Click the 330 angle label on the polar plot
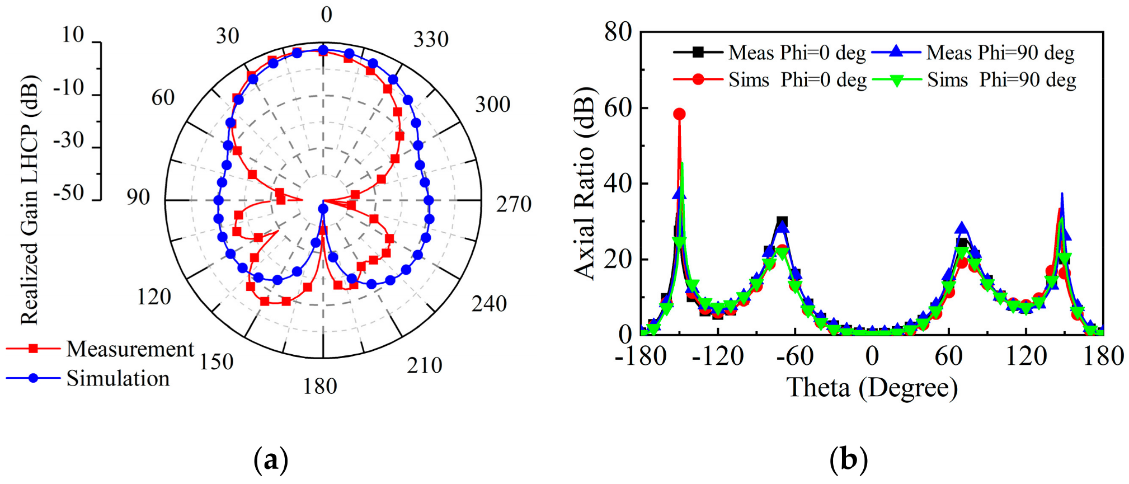[x=431, y=40]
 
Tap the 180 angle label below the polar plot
[x=320, y=386]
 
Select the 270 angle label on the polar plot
[x=514, y=204]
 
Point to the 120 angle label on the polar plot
[x=154, y=297]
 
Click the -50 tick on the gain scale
[x=68, y=193]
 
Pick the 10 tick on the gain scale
[x=73, y=35]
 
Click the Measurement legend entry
[x=130, y=349]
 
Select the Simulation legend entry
[x=117, y=379]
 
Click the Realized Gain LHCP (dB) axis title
[x=29, y=200]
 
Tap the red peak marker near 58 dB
[x=679, y=114]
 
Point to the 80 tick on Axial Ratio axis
[x=618, y=32]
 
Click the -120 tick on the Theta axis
[x=718, y=356]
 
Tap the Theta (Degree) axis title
[x=872, y=388]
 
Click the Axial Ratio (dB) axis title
[x=585, y=183]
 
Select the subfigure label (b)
[x=849, y=460]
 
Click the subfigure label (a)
[x=271, y=460]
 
